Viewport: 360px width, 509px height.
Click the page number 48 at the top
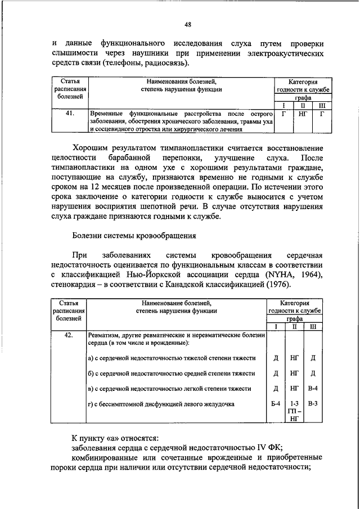pyautogui.click(x=187, y=24)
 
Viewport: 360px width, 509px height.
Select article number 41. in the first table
pyautogui.click(x=70, y=114)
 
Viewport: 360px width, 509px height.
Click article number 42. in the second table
pyautogui.click(x=70, y=336)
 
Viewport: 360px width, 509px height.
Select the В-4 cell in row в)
pyautogui.click(x=313, y=389)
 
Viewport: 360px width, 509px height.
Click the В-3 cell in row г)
pyautogui.click(x=313, y=403)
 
